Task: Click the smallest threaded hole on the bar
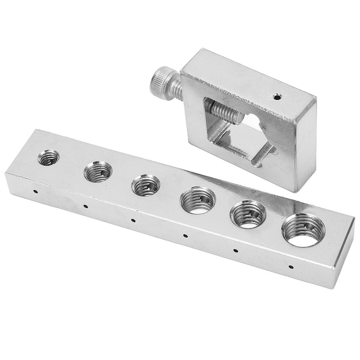49,157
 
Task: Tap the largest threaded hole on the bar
303,230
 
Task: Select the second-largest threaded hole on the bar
248,214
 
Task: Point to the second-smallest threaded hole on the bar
98,171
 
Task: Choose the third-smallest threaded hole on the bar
146,185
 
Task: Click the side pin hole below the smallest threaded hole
36,192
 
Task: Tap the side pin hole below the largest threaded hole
290,267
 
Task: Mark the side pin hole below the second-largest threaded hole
236,251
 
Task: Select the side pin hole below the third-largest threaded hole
185,236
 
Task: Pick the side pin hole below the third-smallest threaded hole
133,220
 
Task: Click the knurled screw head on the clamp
161,83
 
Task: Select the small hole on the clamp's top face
277,96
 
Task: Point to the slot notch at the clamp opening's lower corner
262,156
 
